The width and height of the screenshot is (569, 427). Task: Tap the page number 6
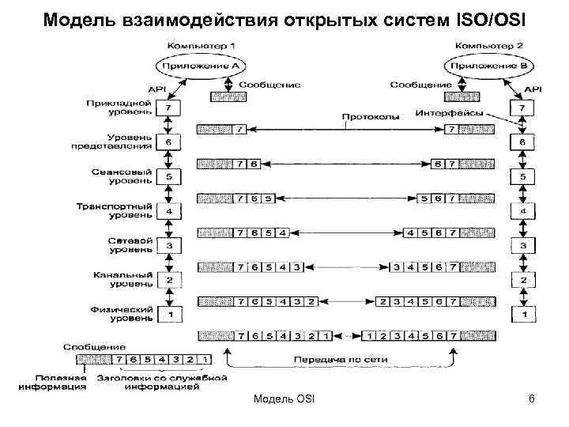click(532, 399)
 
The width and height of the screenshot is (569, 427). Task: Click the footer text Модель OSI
click(284, 399)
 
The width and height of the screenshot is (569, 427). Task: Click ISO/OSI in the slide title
click(492, 17)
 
